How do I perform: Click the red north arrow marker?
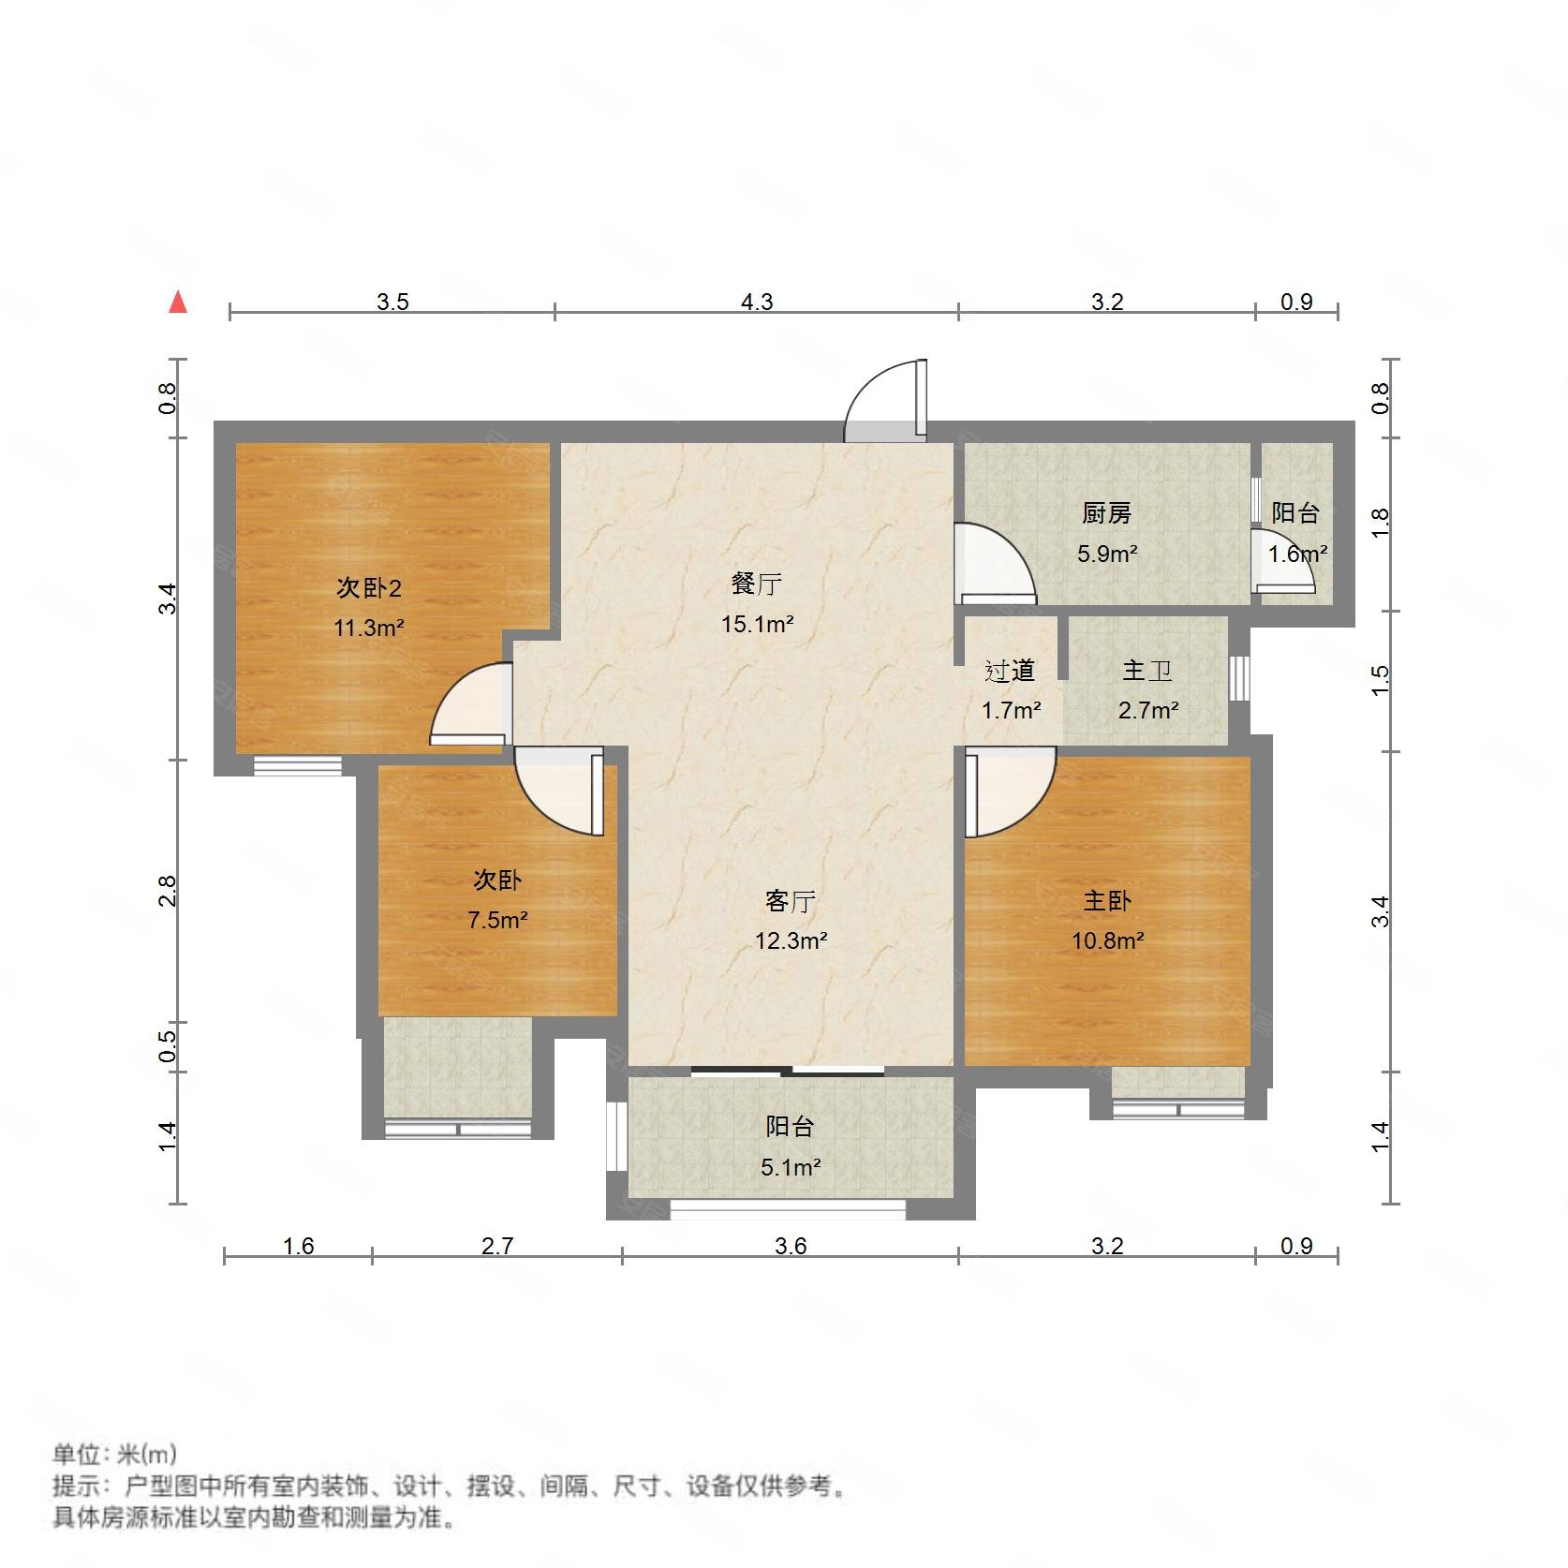(178, 303)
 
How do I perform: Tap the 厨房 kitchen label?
(1106, 513)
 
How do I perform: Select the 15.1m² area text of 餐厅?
(757, 624)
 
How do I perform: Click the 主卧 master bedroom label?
(1106, 901)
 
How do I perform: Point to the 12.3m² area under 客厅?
(791, 940)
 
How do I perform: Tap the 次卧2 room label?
(369, 588)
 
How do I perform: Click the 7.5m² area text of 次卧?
(497, 920)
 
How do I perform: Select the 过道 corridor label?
(1010, 671)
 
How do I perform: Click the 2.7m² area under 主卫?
(1147, 710)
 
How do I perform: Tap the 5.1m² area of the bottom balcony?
(791, 1167)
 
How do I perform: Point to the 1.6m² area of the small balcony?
(1297, 554)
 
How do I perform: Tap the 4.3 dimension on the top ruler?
(757, 302)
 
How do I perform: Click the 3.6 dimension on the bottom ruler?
(791, 1246)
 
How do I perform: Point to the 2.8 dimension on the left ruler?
(167, 891)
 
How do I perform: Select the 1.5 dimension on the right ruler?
(1380, 680)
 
